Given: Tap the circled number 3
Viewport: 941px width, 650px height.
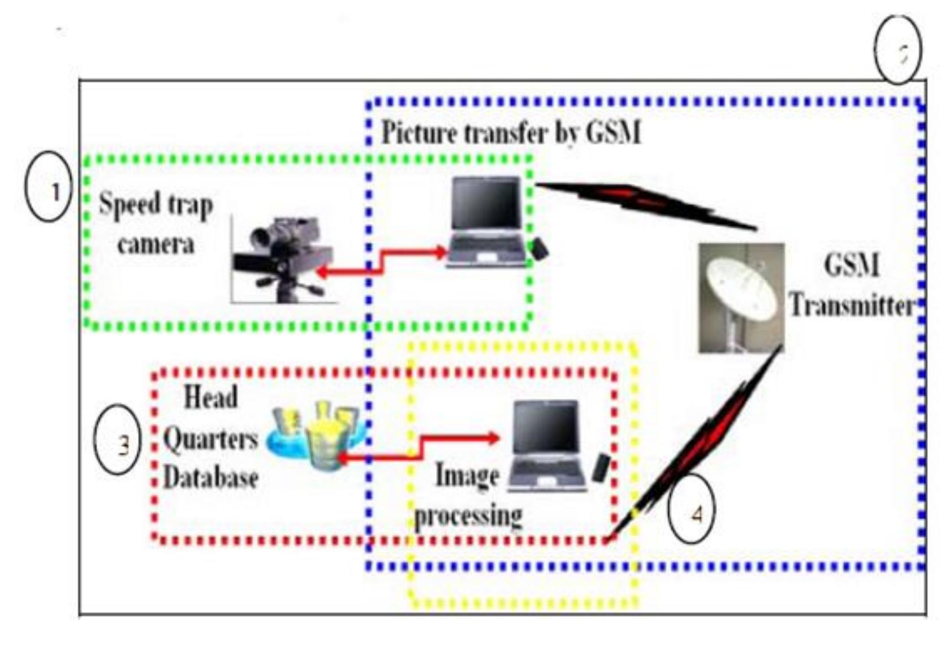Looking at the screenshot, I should click(117, 439).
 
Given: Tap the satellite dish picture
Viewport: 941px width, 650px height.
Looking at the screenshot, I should click(741, 298).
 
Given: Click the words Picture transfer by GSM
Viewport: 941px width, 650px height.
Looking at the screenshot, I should click(511, 134).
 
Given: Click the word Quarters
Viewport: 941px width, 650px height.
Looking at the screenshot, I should click(210, 438).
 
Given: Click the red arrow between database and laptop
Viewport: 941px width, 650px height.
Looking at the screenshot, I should click(420, 447).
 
